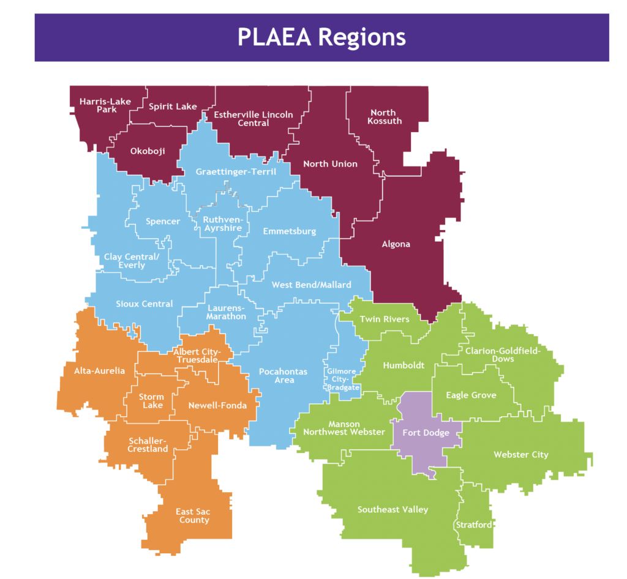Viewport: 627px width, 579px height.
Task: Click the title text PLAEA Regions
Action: [321, 37]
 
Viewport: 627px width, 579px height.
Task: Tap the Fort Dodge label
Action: [426, 433]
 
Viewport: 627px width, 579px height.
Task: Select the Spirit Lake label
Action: [173, 106]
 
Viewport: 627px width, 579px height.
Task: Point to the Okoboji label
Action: [148, 151]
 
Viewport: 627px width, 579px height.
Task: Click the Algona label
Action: [395, 244]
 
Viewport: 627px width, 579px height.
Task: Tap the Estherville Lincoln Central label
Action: [253, 119]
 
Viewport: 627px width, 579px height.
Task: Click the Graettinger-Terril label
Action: [236, 172]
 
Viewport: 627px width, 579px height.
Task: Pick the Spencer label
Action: [163, 221]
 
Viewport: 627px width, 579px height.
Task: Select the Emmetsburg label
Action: [289, 231]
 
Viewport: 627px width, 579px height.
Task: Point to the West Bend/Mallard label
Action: [312, 285]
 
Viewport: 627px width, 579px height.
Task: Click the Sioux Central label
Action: [145, 304]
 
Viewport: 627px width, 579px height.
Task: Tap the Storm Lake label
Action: [151, 401]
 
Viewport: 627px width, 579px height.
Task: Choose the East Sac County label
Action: [193, 515]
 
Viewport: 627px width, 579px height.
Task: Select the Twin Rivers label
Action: [385, 319]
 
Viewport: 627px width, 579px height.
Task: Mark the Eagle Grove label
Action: [471, 395]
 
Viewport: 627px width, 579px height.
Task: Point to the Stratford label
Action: [473, 525]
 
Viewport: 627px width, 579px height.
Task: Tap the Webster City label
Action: [521, 454]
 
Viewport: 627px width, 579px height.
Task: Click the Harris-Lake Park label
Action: [105, 105]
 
